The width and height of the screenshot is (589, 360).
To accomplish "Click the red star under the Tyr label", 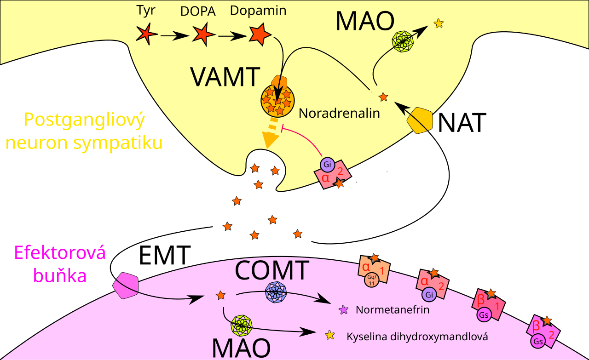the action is [x=146, y=34].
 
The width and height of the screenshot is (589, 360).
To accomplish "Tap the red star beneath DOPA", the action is [x=203, y=34].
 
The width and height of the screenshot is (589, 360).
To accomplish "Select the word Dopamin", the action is [x=258, y=11].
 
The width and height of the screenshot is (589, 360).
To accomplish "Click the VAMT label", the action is [x=225, y=77].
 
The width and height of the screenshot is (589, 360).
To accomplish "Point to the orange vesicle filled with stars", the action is [x=277, y=100].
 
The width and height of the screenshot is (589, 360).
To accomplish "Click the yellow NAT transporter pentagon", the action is [x=420, y=120].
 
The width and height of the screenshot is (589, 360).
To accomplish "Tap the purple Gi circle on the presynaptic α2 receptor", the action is [x=327, y=164].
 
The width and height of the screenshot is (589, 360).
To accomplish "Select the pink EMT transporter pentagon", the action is [x=126, y=286].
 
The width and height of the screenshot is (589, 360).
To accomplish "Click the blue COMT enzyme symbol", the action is [x=276, y=292].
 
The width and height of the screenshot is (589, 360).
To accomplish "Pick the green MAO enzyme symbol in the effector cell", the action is [x=241, y=326].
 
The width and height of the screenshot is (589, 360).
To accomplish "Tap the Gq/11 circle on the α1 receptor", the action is [x=371, y=280].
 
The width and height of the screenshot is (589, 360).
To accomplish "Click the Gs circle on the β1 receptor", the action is [x=484, y=314].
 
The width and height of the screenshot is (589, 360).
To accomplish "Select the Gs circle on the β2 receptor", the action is [x=538, y=341].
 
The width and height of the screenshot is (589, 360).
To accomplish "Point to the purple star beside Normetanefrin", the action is [x=343, y=310].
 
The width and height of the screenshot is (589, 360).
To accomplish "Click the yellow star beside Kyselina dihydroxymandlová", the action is [x=330, y=335].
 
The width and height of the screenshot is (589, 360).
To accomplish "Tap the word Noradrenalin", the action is [x=339, y=113].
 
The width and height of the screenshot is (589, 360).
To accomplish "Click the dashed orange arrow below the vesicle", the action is [x=271, y=133].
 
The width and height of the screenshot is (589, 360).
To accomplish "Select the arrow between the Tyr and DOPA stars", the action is [x=174, y=36].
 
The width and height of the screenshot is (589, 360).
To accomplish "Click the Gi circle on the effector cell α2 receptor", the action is [x=429, y=295].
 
